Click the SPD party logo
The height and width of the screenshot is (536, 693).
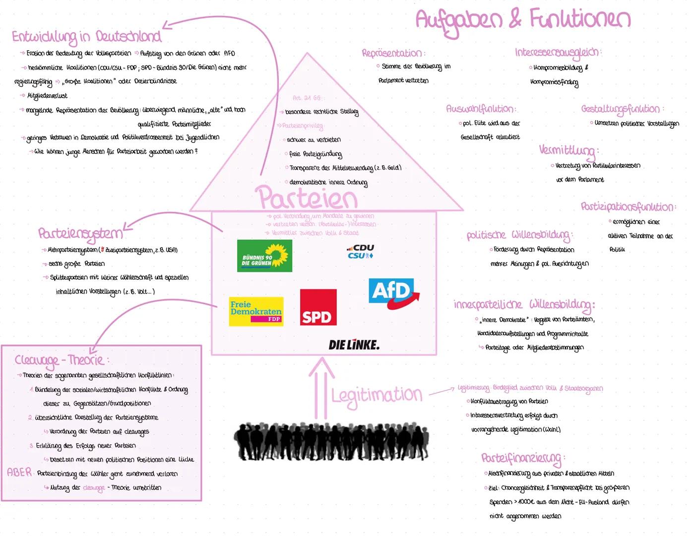coord(318,308)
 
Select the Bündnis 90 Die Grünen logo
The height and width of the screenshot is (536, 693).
coord(264,256)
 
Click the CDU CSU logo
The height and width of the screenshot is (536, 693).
coord(361,251)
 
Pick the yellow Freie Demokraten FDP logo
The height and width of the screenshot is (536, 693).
coord(256,312)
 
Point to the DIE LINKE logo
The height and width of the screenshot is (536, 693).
coord(354,345)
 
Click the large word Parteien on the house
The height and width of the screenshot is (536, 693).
coord(307,198)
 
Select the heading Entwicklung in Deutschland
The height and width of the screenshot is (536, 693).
coord(86,37)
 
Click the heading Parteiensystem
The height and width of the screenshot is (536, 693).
coord(80,233)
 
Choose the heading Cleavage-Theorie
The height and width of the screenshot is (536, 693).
coord(60,360)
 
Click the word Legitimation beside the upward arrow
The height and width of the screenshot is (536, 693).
coord(377,396)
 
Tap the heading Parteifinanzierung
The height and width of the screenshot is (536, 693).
coord(522,458)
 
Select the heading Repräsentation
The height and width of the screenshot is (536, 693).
coord(392,53)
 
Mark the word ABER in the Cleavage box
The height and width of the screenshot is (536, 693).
coord(19,472)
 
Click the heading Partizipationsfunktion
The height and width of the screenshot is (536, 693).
coord(628,206)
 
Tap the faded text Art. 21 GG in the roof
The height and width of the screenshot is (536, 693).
coord(308,98)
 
